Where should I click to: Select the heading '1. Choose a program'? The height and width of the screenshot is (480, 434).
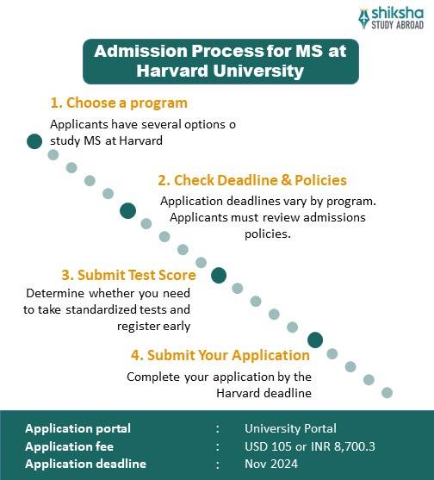(119, 103)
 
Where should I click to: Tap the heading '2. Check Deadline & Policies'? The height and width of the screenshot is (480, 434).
(251, 180)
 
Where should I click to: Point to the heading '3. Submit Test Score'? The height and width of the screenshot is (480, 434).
(128, 276)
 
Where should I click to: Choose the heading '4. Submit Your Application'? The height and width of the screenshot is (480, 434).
(220, 354)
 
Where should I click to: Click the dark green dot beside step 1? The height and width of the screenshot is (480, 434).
(34, 141)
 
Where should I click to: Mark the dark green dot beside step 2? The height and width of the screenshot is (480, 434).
(128, 210)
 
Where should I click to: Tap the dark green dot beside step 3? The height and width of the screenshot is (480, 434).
(219, 276)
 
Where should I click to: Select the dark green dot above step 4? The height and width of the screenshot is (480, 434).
(315, 340)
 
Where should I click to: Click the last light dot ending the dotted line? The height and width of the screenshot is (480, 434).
(387, 392)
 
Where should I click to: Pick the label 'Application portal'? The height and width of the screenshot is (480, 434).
(78, 428)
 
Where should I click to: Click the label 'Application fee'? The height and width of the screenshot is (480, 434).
(70, 446)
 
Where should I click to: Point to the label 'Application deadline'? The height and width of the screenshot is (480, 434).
(85, 464)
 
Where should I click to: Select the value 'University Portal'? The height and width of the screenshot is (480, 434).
(290, 428)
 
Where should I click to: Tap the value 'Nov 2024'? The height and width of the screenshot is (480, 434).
(270, 464)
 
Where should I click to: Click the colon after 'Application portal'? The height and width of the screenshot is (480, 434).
(219, 428)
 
